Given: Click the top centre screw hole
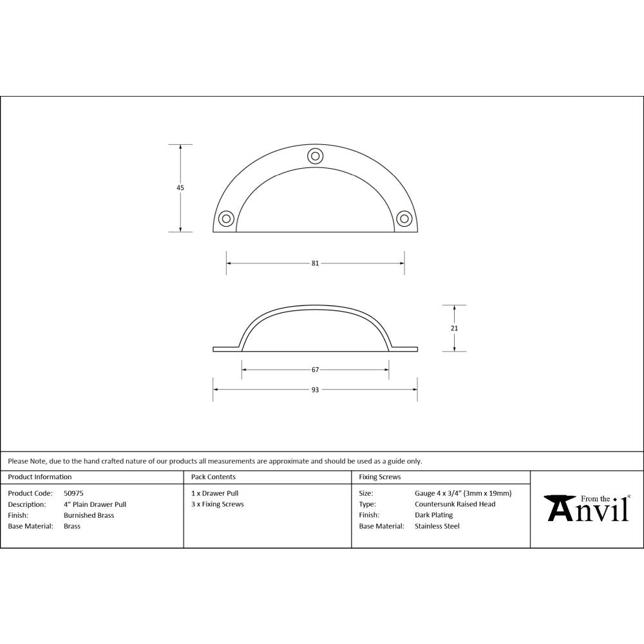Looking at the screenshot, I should [315, 155].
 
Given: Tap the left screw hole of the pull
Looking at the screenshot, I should [226, 218].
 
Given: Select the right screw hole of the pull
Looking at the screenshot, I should [404, 218].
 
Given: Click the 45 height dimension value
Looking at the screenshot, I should [180, 188].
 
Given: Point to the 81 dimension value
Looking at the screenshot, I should [315, 263].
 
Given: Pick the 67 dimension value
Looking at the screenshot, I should [315, 370].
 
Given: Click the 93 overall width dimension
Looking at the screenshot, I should [315, 390].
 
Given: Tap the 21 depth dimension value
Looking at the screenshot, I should [455, 328].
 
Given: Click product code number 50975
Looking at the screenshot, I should [73, 493].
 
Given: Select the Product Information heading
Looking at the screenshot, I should [40, 477].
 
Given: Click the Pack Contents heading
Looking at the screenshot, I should [213, 477].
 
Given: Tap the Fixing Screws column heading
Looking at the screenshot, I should [379, 477].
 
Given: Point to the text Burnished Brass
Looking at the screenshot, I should [89, 515].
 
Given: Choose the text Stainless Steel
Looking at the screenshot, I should [437, 526].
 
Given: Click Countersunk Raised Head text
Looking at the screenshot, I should [455, 504].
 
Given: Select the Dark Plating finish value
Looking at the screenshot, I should [433, 515].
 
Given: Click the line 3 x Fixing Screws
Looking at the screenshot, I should [218, 504].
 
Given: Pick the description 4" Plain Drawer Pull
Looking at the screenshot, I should [95, 504].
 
